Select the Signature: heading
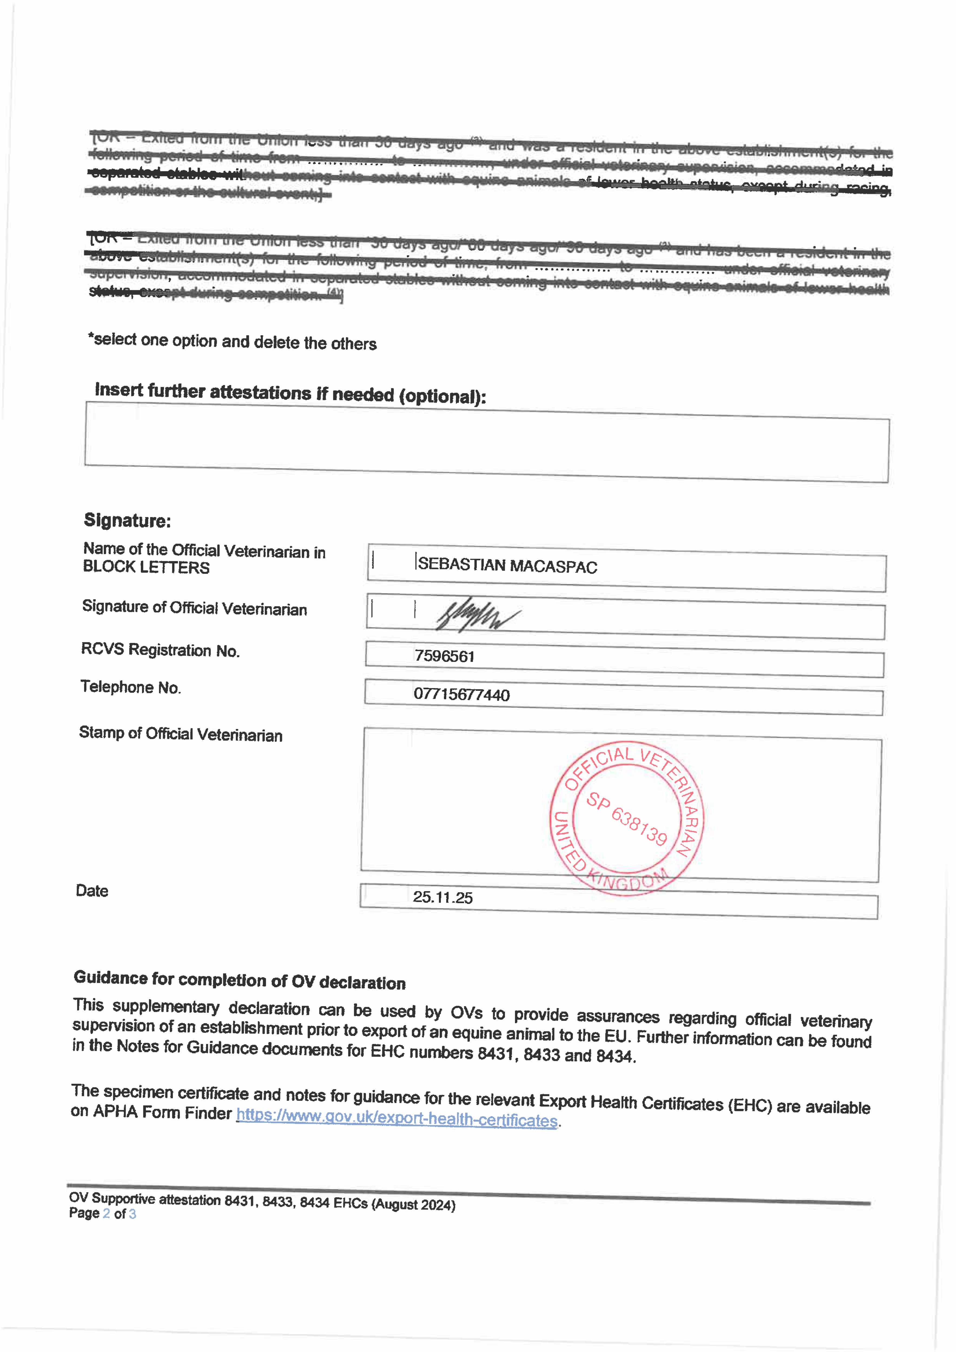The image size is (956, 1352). (127, 521)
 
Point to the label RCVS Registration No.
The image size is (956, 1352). (160, 650)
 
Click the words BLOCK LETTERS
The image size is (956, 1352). (146, 567)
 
